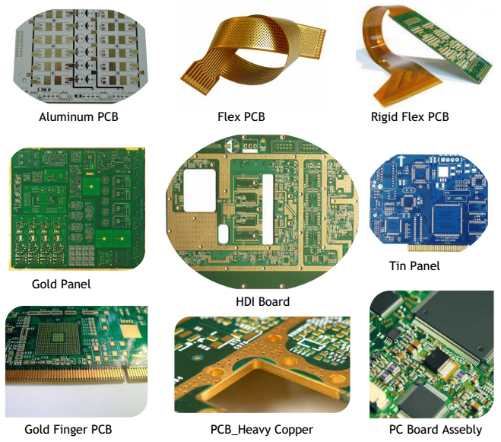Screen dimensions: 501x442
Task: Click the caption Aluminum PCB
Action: pos(78,116)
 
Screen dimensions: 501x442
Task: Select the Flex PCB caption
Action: pos(241,116)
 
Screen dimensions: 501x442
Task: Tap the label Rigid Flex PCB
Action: pos(410,117)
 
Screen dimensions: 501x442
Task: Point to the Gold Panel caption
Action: pos(62,284)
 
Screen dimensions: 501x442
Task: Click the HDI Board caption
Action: pos(262,301)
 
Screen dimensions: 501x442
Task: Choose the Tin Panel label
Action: pos(414,266)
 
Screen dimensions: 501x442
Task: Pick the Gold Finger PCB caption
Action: pos(68,430)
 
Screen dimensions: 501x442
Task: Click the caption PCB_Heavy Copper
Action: pos(262,430)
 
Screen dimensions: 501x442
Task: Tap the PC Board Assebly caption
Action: pos(436,430)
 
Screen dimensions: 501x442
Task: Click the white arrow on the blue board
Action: pos(401,161)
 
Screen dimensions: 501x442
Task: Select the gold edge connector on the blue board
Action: pos(438,247)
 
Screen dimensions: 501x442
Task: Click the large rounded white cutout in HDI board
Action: pos(200,190)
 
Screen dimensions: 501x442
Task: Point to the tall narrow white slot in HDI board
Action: pos(268,209)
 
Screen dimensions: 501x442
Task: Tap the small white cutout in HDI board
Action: pos(223,234)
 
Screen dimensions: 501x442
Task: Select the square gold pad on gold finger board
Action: pos(130,331)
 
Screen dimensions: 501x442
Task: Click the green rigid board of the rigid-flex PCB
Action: pos(446,44)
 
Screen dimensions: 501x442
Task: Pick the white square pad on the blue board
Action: pos(443,172)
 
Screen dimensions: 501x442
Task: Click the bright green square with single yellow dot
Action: pos(91,186)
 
